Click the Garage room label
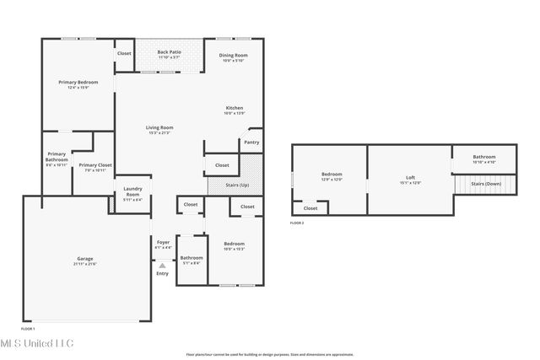[86, 260]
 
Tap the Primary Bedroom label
[78, 82]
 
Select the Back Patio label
[169, 52]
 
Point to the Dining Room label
[233, 56]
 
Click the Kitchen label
[234, 108]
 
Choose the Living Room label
[159, 127]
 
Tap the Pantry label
[251, 142]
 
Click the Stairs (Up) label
[239, 185]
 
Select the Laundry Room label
[132, 191]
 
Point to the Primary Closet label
[95, 165]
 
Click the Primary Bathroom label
[57, 157]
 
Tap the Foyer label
[163, 243]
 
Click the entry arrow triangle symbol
[163, 265]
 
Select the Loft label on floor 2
[410, 177]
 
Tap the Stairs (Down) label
[486, 183]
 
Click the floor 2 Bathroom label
[483, 157]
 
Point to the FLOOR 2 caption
[296, 223]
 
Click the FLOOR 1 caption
[28, 328]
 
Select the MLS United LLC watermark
[37, 343]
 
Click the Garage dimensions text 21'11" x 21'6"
[86, 265]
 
